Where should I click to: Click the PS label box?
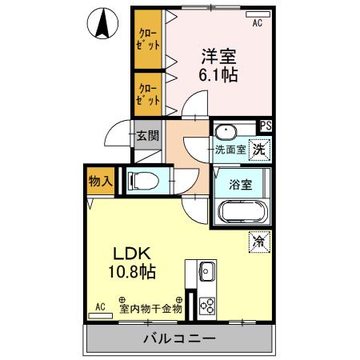[x=265, y=126]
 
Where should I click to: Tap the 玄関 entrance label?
[x=146, y=134]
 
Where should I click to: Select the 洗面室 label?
[x=230, y=149]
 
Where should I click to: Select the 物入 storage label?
[x=100, y=182]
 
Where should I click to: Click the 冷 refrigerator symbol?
[x=258, y=239]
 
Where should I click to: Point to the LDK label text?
[x=131, y=251]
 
